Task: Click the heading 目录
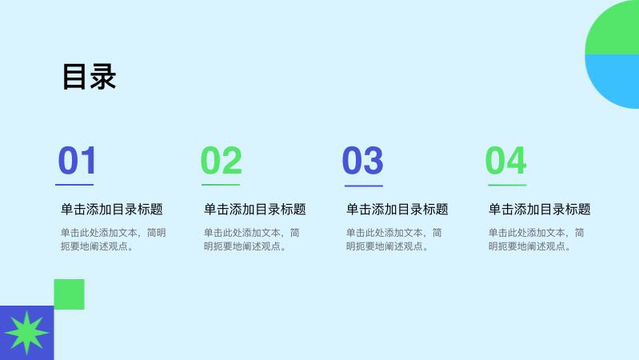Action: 90,77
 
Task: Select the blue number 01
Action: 78,160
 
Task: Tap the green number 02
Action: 222,160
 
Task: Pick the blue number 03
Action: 363,160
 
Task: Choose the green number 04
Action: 505,160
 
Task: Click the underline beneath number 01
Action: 74,185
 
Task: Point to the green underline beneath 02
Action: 221,185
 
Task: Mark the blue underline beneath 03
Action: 364,186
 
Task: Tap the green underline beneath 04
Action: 507,185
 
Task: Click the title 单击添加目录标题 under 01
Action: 112,209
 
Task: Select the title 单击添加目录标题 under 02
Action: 255,209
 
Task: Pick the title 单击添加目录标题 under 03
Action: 397,209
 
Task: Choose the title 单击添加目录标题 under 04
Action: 540,209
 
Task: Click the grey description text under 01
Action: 114,239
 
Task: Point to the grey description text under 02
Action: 252,239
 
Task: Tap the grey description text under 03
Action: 394,239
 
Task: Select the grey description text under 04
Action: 537,239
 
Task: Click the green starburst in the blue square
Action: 27,333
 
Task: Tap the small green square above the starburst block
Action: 70,294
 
